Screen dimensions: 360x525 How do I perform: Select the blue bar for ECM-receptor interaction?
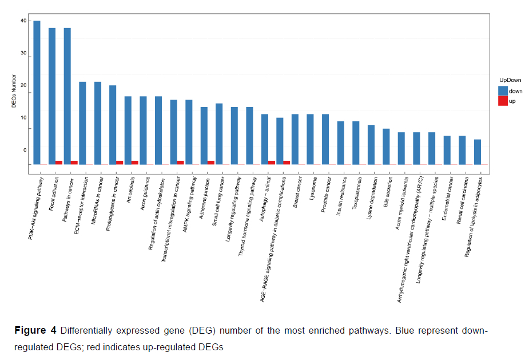pyautogui.click(x=82, y=123)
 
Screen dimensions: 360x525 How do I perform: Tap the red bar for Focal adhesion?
pyautogui.click(x=59, y=163)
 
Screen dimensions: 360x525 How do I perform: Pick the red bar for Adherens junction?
pyautogui.click(x=211, y=163)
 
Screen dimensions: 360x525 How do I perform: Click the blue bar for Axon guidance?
pyautogui.click(x=143, y=130)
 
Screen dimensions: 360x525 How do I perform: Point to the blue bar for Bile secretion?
pyautogui.click(x=386, y=147)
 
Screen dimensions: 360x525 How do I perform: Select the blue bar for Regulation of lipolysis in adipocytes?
pyautogui.click(x=478, y=152)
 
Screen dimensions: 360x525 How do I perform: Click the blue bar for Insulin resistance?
pyautogui.click(x=341, y=143)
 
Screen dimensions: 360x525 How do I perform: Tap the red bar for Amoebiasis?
pyautogui.click(x=135, y=163)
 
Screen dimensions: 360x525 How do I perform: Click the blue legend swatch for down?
pyautogui.click(x=503, y=91)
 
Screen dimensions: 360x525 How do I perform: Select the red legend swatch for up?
pyautogui.click(x=503, y=101)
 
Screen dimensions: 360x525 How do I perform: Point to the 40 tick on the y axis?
pyautogui.click(x=23, y=21)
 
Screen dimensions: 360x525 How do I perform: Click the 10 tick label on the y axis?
pyautogui.click(x=23, y=118)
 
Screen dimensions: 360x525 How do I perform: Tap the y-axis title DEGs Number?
pyautogui.click(x=14, y=94)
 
